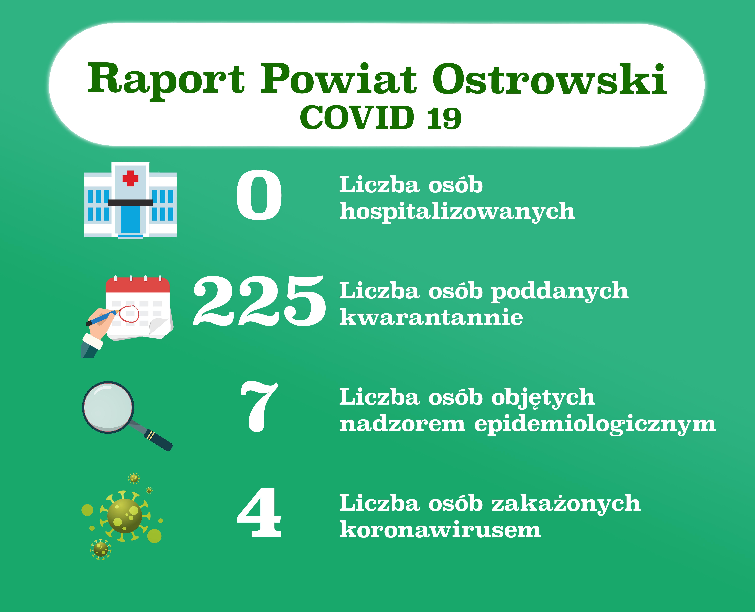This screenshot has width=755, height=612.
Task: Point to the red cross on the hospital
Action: [130, 178]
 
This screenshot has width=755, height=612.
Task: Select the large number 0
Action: [259, 195]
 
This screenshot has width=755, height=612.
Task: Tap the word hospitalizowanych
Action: [457, 212]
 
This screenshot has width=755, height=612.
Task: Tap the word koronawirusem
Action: [440, 529]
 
